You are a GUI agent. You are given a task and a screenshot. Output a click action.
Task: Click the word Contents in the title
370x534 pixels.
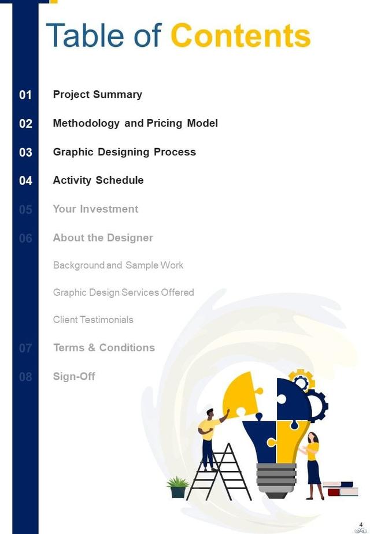240,36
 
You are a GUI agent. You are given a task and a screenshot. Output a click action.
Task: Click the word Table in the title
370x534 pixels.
86,36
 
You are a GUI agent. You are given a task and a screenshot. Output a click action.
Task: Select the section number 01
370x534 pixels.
25,95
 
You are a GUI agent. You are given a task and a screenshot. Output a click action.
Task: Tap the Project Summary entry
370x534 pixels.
97,94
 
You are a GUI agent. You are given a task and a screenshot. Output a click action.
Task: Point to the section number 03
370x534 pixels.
25,153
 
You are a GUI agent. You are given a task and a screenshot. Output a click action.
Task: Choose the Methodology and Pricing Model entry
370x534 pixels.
135,123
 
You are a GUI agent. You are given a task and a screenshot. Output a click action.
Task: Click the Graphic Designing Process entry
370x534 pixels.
124,152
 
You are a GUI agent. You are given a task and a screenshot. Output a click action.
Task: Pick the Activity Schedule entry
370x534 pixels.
98,180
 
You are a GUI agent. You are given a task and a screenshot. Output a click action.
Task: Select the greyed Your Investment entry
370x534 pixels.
95,209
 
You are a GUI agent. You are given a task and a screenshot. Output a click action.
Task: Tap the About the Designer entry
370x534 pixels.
103,238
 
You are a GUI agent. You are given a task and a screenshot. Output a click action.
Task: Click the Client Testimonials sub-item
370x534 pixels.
93,320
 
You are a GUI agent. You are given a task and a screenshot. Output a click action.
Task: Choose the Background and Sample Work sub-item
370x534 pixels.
118,265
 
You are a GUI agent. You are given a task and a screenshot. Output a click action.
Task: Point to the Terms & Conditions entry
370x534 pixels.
104,347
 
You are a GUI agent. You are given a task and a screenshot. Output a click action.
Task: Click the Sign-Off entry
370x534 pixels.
74,376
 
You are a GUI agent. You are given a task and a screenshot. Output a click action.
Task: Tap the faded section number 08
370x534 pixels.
25,377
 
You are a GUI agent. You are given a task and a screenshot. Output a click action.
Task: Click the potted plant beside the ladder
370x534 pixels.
177,487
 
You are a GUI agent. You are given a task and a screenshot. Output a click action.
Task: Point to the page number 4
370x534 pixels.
361,524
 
